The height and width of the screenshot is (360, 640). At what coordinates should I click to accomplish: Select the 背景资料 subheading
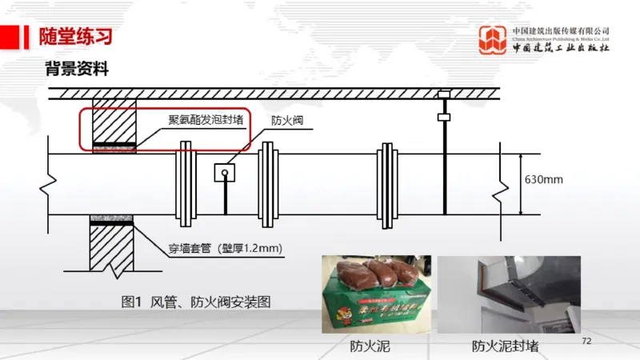(76, 69)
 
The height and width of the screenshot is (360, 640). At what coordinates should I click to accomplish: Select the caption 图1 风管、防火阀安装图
(196, 302)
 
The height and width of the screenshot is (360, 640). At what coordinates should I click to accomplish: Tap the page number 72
(586, 342)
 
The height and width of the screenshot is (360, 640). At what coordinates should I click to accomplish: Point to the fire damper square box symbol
(226, 172)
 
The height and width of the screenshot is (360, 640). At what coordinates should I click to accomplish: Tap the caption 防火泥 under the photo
(370, 346)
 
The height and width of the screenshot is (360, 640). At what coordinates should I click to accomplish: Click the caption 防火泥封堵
(504, 346)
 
